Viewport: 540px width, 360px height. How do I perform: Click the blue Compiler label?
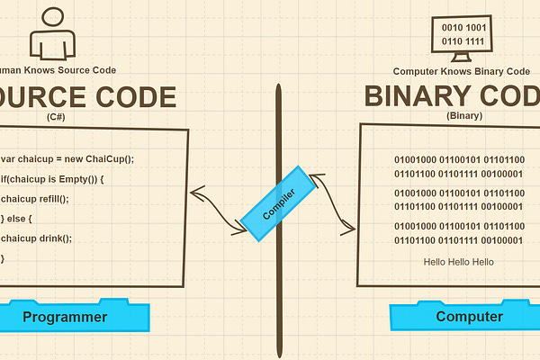[x=279, y=204]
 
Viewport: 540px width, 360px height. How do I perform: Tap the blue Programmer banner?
[x=66, y=317]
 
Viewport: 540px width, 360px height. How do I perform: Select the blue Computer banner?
[x=469, y=317]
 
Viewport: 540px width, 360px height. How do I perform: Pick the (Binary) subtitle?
[x=463, y=116]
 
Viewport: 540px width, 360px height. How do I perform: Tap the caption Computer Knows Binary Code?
[x=462, y=71]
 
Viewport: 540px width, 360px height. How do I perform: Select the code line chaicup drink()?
[x=36, y=238]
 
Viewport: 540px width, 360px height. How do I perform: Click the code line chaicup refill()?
[x=35, y=199]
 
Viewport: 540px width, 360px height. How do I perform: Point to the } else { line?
[x=20, y=219]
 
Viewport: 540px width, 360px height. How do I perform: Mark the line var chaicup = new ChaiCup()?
[x=68, y=159]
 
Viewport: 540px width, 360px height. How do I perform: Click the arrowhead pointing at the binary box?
[x=347, y=230]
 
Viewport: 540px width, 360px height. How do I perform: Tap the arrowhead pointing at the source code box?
[x=194, y=191]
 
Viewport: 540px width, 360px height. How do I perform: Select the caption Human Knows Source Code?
[x=58, y=70]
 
